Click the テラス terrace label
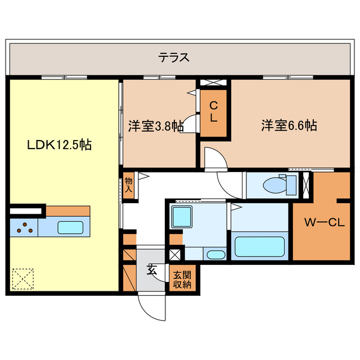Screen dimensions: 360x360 (173, 57)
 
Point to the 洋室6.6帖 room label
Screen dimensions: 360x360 (289, 125)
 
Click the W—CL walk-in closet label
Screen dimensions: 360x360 (324, 222)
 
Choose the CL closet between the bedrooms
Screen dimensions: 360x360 (214, 112)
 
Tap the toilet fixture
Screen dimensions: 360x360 (277, 183)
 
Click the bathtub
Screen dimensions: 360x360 (259, 246)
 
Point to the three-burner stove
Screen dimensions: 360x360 (24, 228)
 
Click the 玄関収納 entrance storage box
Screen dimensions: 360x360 (182, 280)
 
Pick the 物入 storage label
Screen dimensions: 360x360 (129, 185)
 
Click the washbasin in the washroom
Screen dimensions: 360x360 (215, 254)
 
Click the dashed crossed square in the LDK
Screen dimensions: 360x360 (23, 277)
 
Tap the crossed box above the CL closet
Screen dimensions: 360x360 (214, 83)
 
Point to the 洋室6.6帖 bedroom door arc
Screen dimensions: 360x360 (214, 158)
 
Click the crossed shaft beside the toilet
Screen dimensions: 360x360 (307, 183)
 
